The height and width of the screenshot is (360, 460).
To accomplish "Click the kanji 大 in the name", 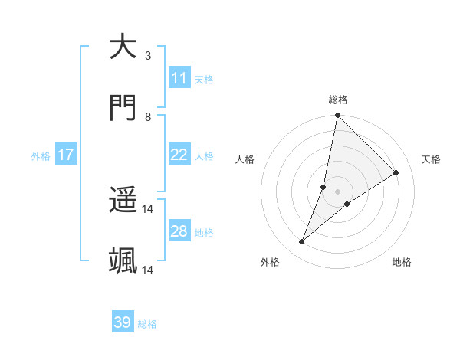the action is [123, 47].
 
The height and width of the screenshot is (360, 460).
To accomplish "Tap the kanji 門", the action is [123, 108].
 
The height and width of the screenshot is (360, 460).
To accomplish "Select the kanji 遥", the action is [123, 201].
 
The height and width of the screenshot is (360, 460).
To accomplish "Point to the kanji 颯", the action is [123, 261].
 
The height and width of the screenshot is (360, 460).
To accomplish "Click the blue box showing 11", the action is [179, 78].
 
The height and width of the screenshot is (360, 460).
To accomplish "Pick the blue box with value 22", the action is [179, 155].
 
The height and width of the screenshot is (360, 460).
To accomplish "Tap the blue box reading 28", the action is [179, 231].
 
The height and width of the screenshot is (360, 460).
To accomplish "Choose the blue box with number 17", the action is [66, 155].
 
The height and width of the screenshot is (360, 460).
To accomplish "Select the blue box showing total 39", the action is [123, 322].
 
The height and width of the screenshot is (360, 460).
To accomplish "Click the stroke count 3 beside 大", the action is [148, 56].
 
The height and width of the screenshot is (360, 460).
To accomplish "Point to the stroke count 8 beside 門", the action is [148, 117].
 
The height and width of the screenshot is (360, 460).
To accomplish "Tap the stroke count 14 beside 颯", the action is [148, 270].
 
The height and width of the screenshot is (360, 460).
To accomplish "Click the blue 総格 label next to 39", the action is [147, 324].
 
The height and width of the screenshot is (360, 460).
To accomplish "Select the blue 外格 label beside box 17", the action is [41, 156].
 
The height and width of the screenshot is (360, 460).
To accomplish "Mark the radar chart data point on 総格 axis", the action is [337, 116].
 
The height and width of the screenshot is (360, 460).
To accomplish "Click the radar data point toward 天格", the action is [396, 172].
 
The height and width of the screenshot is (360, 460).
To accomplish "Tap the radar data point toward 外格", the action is [302, 242].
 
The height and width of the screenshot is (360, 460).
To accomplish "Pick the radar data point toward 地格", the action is [347, 204].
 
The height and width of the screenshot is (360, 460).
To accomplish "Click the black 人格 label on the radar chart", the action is [245, 160].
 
